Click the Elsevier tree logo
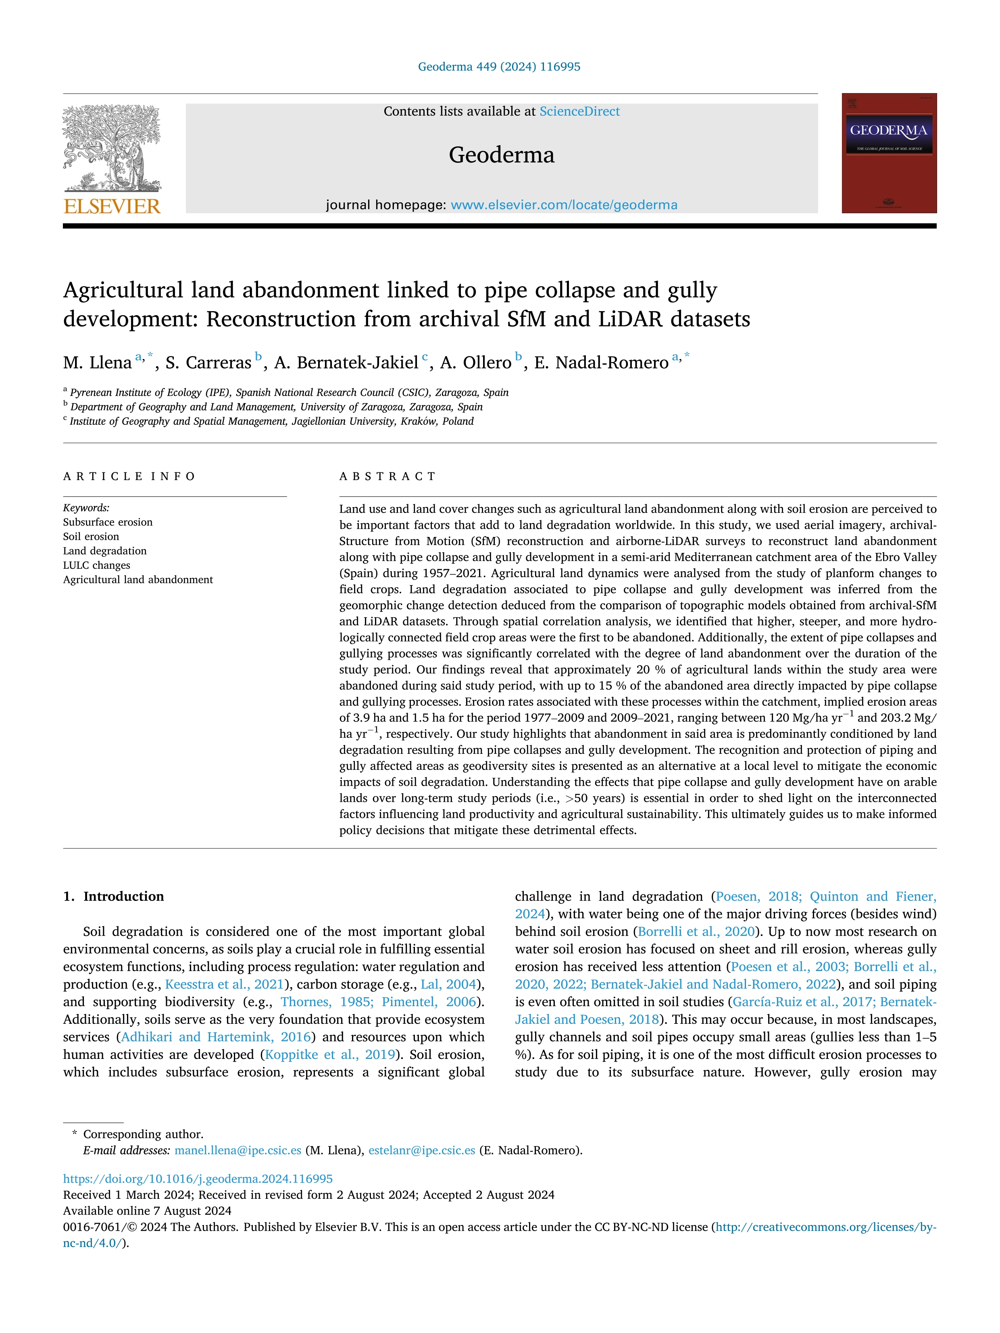(x=112, y=148)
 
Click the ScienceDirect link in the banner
(x=579, y=112)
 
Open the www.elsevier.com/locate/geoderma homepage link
(x=564, y=205)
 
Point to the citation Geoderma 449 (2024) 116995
(x=499, y=67)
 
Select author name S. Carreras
(x=208, y=363)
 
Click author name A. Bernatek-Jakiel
(x=346, y=363)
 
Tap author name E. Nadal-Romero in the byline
(x=601, y=363)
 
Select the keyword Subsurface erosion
(x=108, y=522)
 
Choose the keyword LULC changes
(x=96, y=565)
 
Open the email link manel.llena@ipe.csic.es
(x=237, y=1150)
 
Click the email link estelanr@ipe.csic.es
(x=421, y=1150)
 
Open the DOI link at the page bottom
(x=198, y=1178)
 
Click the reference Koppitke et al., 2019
(x=330, y=1054)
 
